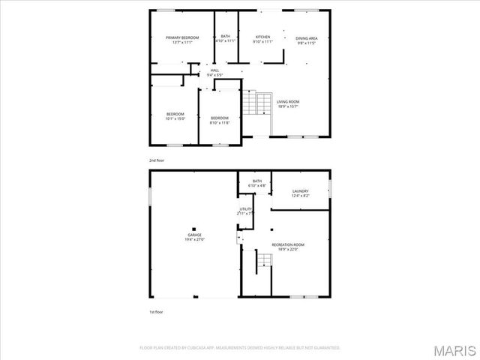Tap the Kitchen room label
point(262,37)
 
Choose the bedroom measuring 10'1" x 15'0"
point(175,115)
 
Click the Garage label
point(194,237)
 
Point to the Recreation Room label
point(288,247)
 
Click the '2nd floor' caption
point(156,160)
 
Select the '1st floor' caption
point(155,311)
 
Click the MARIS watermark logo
point(453,349)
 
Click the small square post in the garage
point(193,229)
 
